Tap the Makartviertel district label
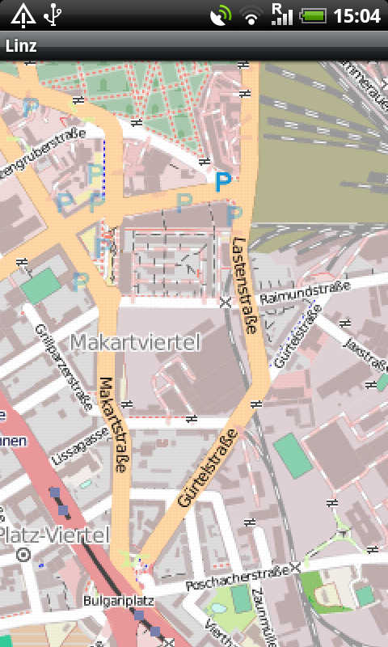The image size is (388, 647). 134,343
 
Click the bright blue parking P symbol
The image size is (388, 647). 222,182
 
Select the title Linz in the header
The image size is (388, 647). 21,46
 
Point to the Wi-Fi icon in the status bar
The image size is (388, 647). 252,15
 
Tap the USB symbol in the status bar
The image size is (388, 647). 53,15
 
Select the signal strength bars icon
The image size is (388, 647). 282,15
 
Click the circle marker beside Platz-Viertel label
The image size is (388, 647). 23,555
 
